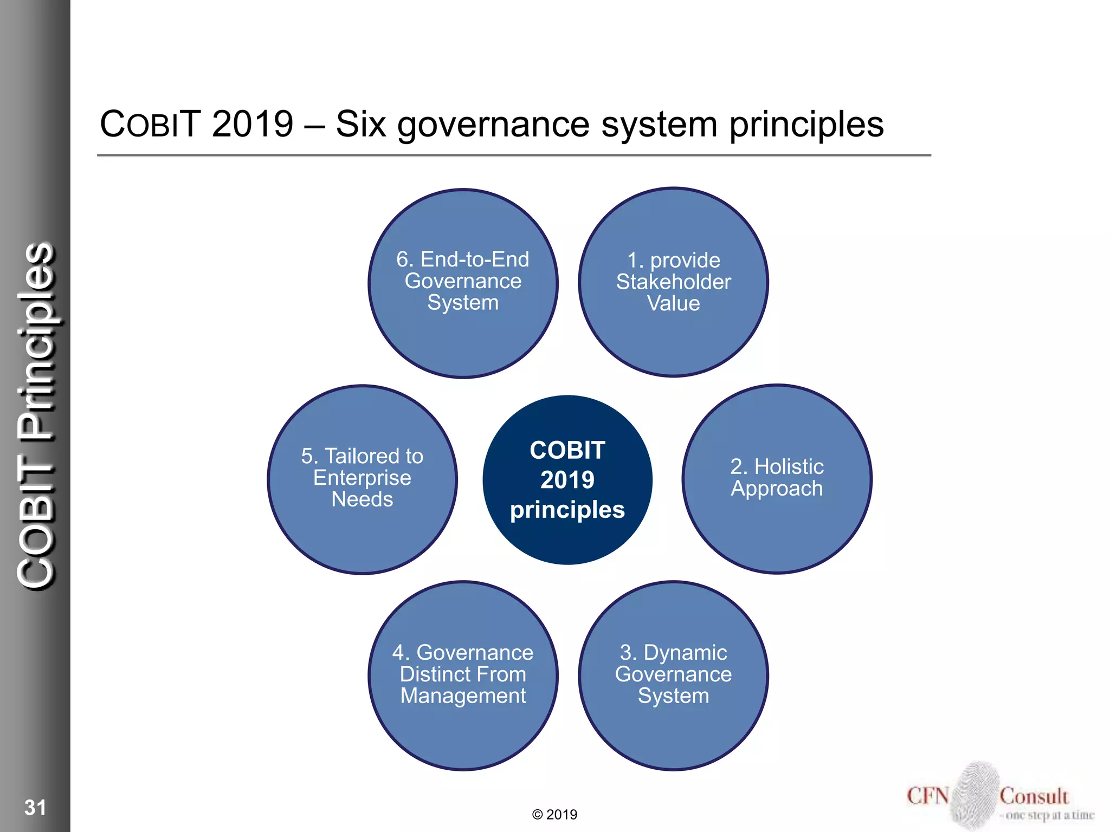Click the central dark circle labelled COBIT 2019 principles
567,480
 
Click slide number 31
35,808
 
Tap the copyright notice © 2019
554,815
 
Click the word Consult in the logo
1034,796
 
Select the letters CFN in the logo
928,796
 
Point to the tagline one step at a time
1049,815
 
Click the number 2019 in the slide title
253,124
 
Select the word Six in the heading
360,124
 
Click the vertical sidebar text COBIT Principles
36,416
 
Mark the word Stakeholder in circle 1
673,282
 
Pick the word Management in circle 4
463,696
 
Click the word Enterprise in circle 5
362,478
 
